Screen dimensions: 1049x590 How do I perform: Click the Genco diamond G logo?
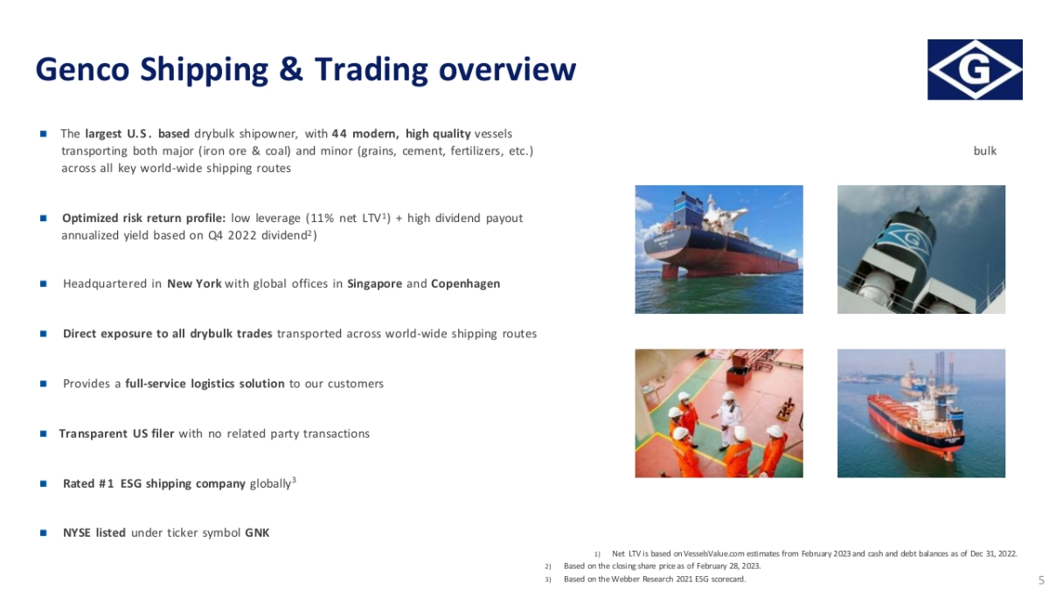(x=975, y=69)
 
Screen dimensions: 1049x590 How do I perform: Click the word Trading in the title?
(x=371, y=69)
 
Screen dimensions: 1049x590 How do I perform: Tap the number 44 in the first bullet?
(x=339, y=134)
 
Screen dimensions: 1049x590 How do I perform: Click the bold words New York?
(x=194, y=284)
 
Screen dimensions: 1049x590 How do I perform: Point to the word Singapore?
(x=375, y=284)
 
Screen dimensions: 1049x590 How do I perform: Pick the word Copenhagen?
(x=465, y=284)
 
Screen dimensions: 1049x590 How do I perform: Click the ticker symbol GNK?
(x=257, y=533)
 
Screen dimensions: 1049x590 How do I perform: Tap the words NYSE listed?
(x=94, y=533)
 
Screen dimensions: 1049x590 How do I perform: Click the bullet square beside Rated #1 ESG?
(x=44, y=483)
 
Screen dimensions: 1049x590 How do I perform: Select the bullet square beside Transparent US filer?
(x=44, y=434)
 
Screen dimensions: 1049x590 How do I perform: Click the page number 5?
(x=1041, y=580)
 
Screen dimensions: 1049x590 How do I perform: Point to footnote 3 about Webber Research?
(x=654, y=580)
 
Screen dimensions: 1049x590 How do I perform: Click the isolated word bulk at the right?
(x=985, y=151)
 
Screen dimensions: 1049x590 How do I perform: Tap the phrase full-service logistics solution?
(x=205, y=384)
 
